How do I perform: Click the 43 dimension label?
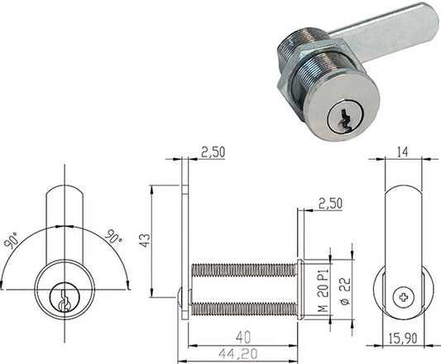tap(145, 240)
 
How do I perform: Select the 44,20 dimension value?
tap(238, 354)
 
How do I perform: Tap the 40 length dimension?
tap(243, 338)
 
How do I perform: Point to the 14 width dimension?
tap(402, 152)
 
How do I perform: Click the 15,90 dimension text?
tap(403, 338)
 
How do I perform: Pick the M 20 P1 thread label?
tap(324, 290)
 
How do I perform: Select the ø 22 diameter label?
tap(345, 291)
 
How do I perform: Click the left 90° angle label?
tap(12, 241)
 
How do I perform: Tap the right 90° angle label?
tap(113, 237)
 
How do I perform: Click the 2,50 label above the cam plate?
tap(213, 152)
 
